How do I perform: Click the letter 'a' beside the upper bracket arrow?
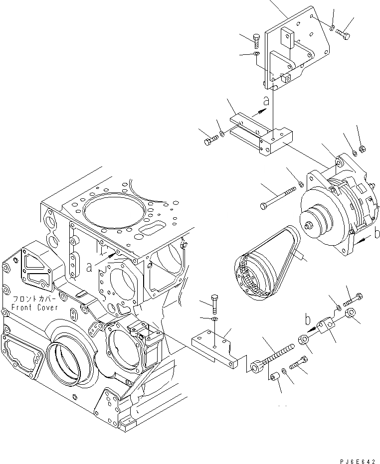pyautogui.click(x=267, y=101)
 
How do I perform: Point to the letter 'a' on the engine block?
pyautogui.click(x=89, y=267)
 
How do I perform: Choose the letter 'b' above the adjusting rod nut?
pyautogui.click(x=308, y=319)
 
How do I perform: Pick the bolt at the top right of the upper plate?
pyautogui.click(x=343, y=33)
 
